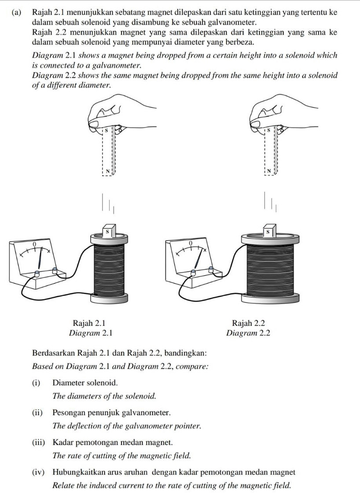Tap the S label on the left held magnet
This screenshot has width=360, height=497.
point(106,131)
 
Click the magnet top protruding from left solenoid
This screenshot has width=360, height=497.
point(107,231)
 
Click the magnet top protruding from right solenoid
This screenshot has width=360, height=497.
point(267,231)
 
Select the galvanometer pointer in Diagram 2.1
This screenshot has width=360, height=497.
point(40,258)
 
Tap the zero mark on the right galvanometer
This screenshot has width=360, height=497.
point(190,243)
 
